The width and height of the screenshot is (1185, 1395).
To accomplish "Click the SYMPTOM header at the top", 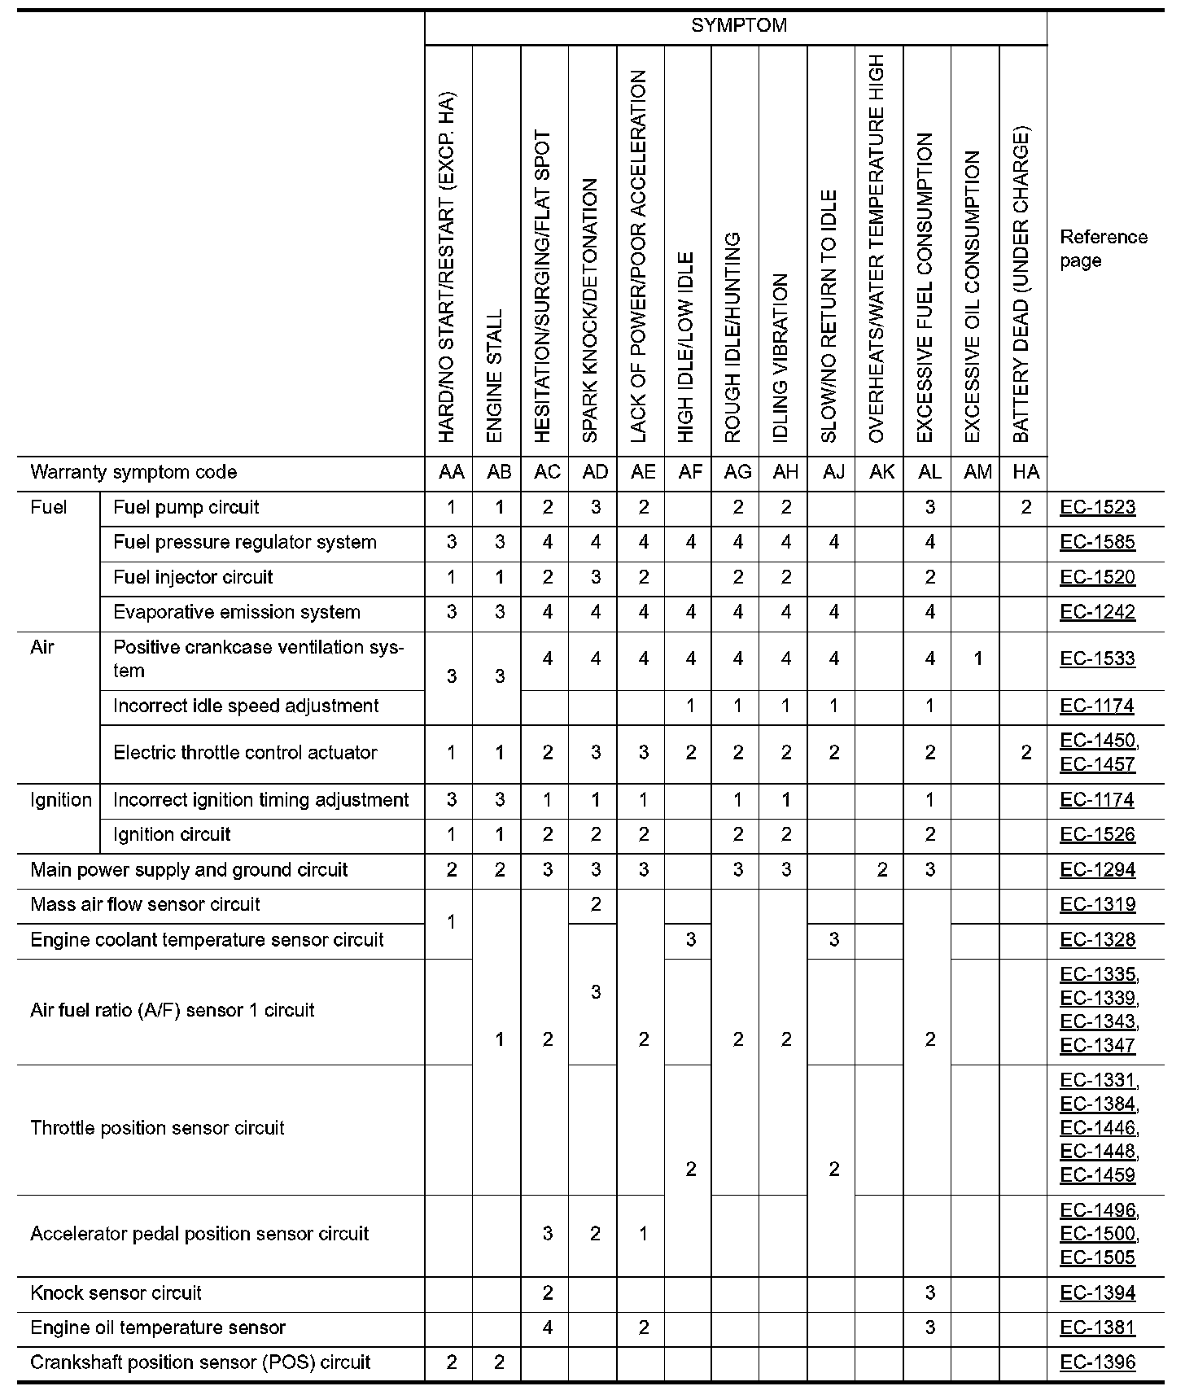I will pos(738,26).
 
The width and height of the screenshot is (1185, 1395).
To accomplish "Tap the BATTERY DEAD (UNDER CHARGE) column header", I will pos(1022,285).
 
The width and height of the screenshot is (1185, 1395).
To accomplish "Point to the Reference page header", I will pos(1103,248).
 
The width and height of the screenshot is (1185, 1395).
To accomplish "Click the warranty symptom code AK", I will pos(881,473).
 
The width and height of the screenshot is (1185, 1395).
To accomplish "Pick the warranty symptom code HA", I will pos(1025,473).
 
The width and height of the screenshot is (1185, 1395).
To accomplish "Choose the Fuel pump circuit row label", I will pos(186,508).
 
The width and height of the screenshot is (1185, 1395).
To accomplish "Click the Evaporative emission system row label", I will pos(236,612).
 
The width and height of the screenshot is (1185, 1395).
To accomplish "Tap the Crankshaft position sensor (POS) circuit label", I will pos(200,1362).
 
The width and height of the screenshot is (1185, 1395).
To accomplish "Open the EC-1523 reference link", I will pos(1097,508).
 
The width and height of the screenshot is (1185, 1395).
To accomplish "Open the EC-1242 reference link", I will pos(1097,612).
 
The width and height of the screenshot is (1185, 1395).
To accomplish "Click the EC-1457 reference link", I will pos(1097,764).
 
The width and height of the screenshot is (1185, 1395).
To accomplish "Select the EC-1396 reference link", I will pos(1097,1362).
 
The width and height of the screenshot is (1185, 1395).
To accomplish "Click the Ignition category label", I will pos(60,800).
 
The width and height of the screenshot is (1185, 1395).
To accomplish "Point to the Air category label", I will pos(42,647).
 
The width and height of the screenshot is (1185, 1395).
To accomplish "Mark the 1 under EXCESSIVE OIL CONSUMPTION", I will pos(977,658).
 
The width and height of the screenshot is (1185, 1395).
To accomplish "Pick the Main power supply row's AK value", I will pos(881,870).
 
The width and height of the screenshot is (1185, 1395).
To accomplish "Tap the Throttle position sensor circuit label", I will pos(157,1128).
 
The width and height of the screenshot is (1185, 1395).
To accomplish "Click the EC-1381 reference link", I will pos(1097,1328).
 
